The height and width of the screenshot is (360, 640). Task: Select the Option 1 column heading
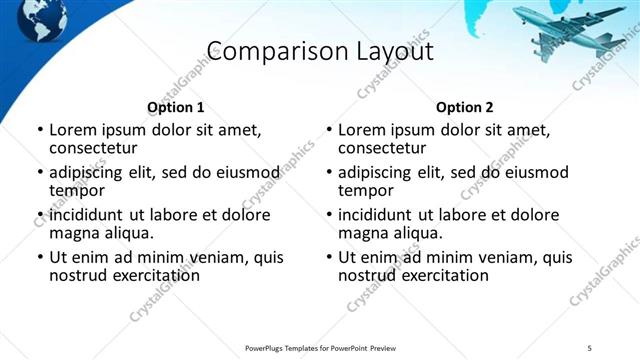[x=176, y=107]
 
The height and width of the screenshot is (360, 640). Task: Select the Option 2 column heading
[x=465, y=107]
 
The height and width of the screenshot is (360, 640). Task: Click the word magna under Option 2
[x=361, y=233]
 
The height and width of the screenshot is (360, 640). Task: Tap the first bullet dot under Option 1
[x=40, y=130]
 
